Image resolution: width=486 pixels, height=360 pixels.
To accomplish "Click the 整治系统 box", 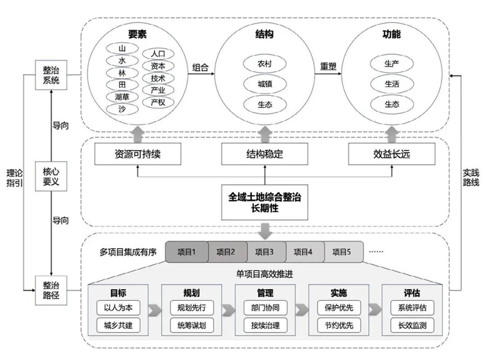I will (x=51, y=76).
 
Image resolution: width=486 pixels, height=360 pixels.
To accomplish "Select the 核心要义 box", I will (x=51, y=177).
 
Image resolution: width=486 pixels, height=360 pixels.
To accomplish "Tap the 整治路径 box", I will (x=51, y=290).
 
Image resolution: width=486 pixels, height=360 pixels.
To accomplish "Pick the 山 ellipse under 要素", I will (x=122, y=48).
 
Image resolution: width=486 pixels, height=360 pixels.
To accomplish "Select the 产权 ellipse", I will (x=157, y=103).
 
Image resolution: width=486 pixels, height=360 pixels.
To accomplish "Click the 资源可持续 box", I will (x=137, y=154).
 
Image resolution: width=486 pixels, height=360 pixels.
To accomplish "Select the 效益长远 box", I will (x=391, y=154).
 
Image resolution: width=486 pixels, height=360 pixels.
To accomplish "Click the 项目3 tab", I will (x=264, y=252).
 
